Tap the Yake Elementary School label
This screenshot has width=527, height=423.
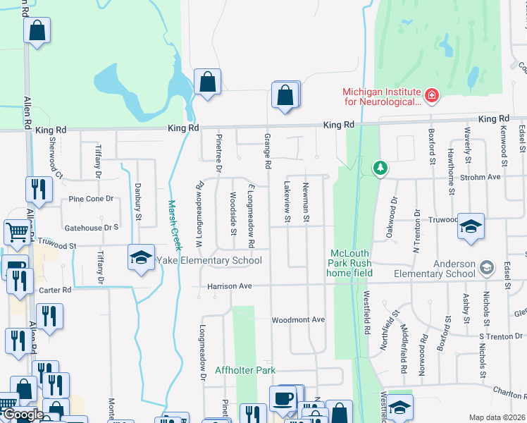point(209,261)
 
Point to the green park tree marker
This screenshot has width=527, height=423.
point(380,168)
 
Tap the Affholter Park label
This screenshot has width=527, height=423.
point(245,370)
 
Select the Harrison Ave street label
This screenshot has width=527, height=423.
point(229,286)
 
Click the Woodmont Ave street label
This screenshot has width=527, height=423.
point(298,320)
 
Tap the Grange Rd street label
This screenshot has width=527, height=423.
point(268,151)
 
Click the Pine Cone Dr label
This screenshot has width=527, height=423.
point(91,199)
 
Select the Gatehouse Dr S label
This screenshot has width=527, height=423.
point(92,228)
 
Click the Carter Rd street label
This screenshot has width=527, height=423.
point(56,290)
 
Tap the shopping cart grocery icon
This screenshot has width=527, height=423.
point(17,231)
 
